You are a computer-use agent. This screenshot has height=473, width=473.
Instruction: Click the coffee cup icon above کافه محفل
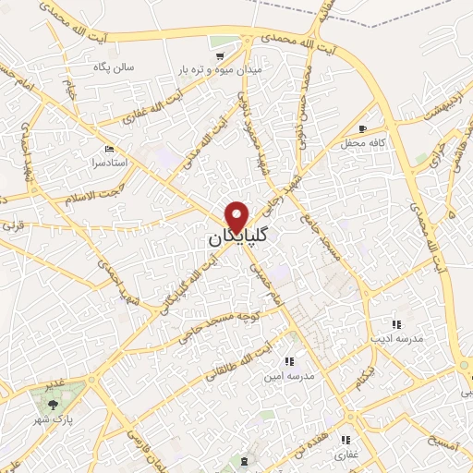[x=363, y=128]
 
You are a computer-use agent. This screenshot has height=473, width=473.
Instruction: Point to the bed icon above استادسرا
[x=110, y=148]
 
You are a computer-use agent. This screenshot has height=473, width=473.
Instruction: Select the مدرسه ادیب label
[x=396, y=339]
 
